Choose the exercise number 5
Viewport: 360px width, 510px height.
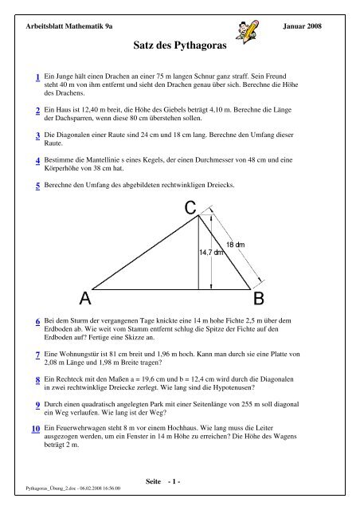point(38,187)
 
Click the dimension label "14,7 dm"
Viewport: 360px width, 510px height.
point(213,252)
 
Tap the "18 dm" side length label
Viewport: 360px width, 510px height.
point(236,243)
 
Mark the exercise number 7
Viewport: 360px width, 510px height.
point(38,353)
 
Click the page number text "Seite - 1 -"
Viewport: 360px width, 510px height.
point(165,481)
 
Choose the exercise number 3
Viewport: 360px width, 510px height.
point(38,136)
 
